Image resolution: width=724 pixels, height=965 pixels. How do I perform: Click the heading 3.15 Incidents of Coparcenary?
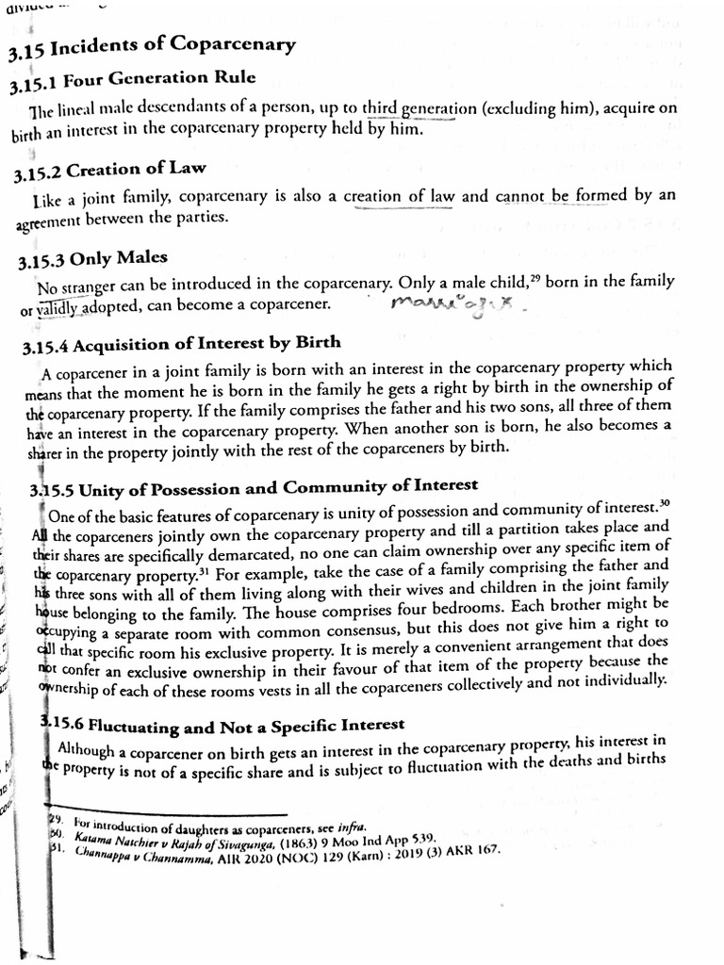[152, 45]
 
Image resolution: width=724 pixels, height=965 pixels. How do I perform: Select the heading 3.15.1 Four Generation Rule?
[132, 82]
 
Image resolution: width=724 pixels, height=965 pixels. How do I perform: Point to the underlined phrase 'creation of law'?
[400, 197]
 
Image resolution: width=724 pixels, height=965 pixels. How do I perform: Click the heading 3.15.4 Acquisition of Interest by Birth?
[181, 344]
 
